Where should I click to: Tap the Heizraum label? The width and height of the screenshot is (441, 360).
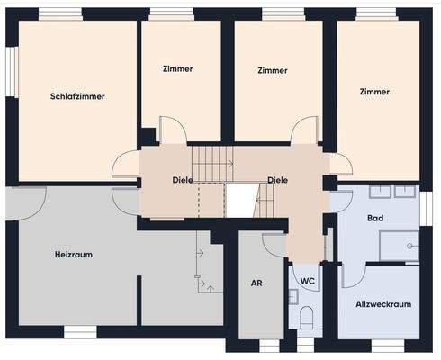(74, 255)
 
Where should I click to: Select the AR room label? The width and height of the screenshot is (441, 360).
(256, 283)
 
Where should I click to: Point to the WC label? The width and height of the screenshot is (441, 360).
(308, 281)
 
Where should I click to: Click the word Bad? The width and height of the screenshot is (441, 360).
(375, 219)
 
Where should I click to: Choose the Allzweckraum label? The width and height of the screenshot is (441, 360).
(383, 304)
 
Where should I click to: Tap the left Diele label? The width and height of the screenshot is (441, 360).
(183, 180)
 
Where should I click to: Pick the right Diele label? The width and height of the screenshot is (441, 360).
(278, 180)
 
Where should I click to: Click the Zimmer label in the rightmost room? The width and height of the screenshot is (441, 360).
(373, 92)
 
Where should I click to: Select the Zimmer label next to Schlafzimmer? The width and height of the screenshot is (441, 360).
(178, 68)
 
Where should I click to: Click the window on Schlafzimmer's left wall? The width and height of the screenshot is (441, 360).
(13, 70)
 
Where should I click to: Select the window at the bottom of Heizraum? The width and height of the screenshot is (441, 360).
(80, 332)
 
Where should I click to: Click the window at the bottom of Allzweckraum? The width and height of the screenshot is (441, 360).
(388, 345)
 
